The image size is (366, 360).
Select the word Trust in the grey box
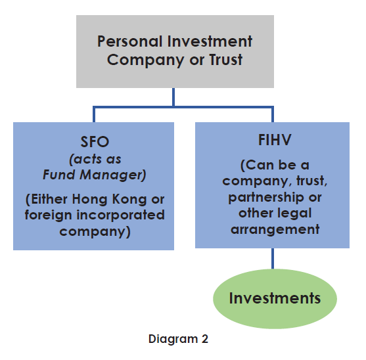221,60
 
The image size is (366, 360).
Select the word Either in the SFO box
55,199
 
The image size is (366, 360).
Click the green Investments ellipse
275,299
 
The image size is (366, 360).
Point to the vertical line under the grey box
174,97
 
